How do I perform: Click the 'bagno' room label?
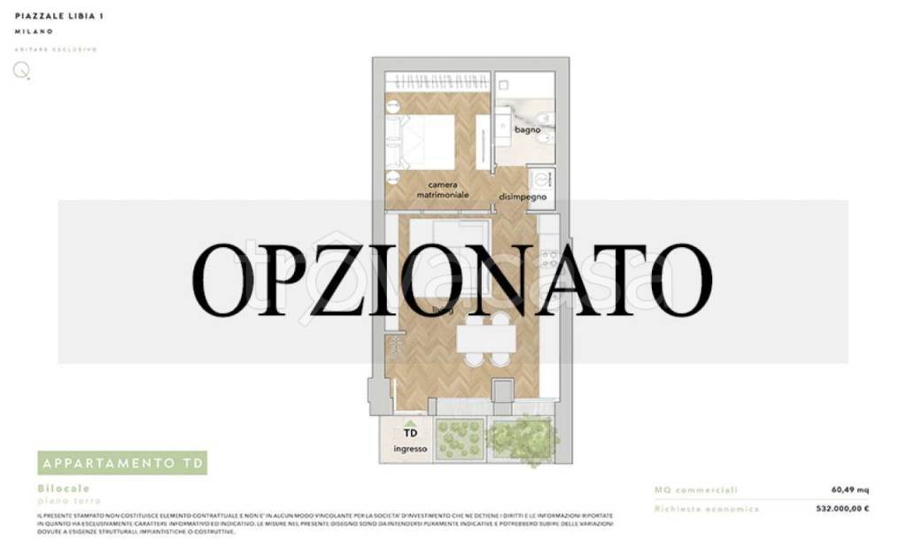coord(527,130)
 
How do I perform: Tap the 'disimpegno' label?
coord(522,197)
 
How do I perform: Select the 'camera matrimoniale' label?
coord(443,189)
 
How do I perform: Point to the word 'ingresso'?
coord(410,449)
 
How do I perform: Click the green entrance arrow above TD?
coord(410,422)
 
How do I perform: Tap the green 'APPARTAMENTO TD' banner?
coord(122,463)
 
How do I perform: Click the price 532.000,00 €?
coord(841,509)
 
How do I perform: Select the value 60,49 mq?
coord(849,489)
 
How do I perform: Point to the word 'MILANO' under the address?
coord(34,32)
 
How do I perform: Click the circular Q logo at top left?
coord(20,71)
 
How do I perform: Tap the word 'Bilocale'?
coord(64,488)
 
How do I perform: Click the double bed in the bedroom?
coord(430,142)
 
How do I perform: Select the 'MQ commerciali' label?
coord(695,489)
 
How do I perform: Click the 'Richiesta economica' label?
coord(707,509)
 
